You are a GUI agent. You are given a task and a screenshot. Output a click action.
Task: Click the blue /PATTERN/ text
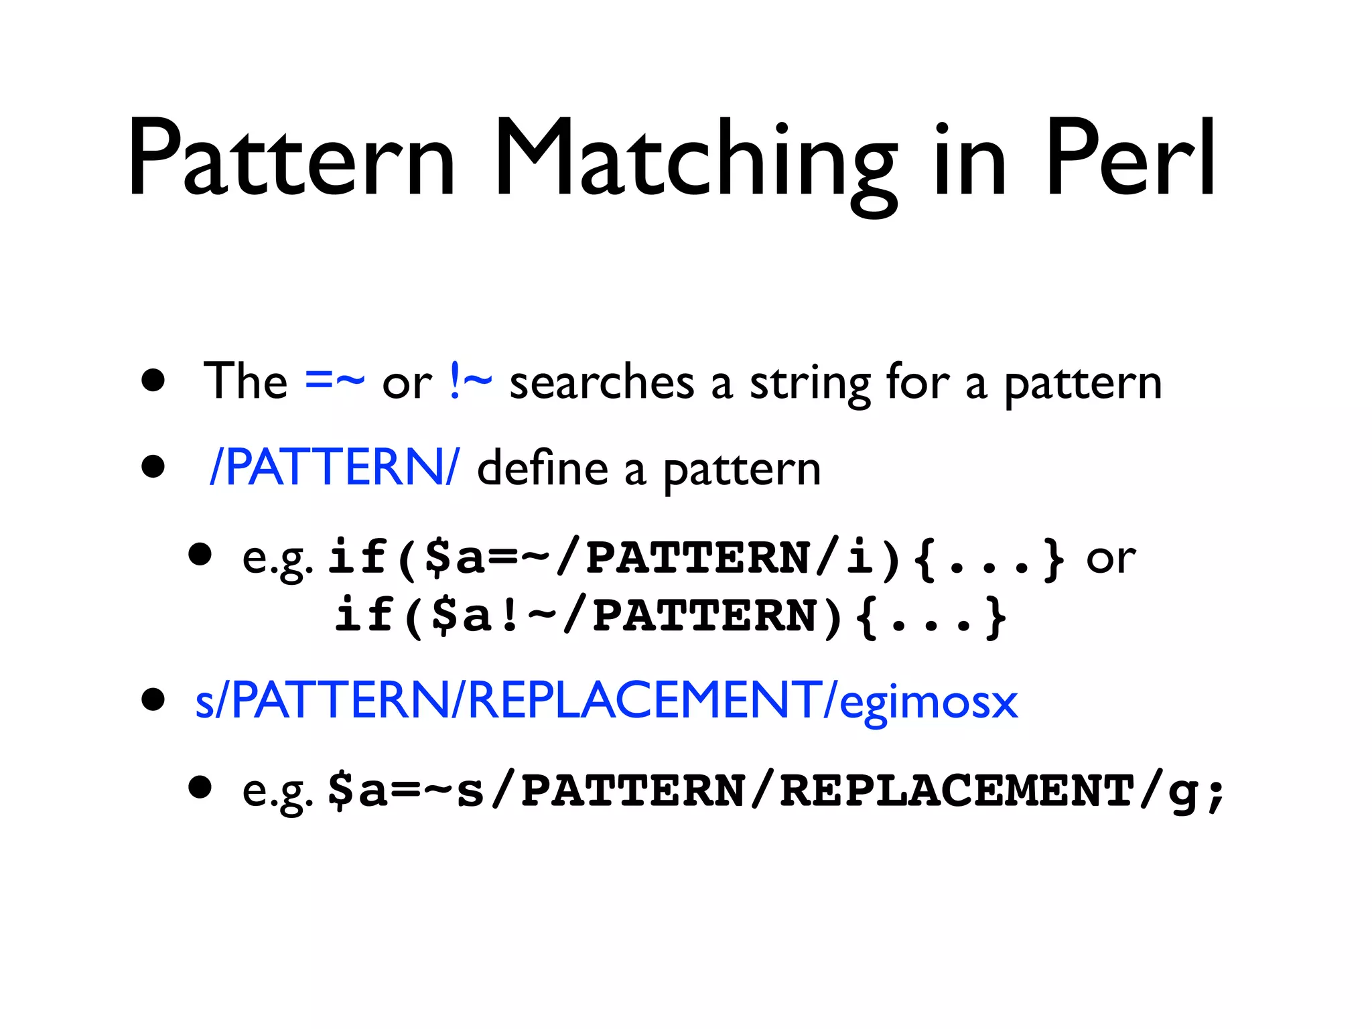coord(334,467)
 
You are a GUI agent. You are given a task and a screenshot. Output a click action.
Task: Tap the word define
coord(542,468)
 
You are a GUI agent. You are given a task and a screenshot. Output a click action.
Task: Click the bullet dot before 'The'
coord(153,381)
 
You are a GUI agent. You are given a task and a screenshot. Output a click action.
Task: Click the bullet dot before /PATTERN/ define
coord(153,466)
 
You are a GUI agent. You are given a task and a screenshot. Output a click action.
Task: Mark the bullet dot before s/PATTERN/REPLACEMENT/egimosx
coord(153,699)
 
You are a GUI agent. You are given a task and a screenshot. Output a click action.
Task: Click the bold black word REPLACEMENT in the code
coord(957,791)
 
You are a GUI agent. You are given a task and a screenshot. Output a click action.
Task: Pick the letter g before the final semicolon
coord(1182,793)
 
